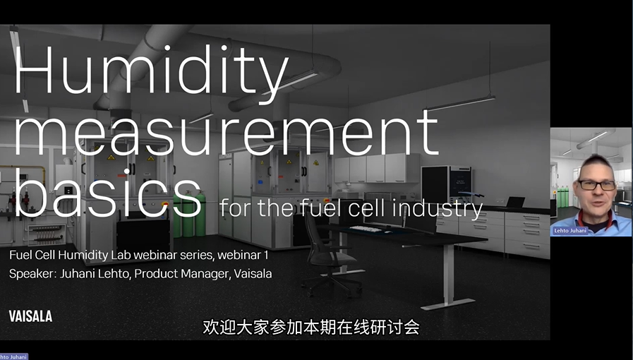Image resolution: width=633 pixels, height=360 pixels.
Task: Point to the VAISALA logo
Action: click(x=30, y=316)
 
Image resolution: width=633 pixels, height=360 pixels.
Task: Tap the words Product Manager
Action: click(x=181, y=274)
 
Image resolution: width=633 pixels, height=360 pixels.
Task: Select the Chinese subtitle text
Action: click(x=311, y=327)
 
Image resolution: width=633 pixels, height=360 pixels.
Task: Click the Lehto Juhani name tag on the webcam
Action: click(x=570, y=231)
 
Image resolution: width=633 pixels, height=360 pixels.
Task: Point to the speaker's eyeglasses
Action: click(x=597, y=185)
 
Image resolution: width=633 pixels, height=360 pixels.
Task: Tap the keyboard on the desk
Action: click(x=366, y=229)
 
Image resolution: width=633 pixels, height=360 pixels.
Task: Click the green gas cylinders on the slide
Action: click(x=189, y=214)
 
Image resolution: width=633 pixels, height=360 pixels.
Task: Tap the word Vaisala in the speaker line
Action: click(x=253, y=274)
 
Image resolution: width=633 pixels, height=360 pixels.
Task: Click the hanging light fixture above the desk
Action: click(x=459, y=103)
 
